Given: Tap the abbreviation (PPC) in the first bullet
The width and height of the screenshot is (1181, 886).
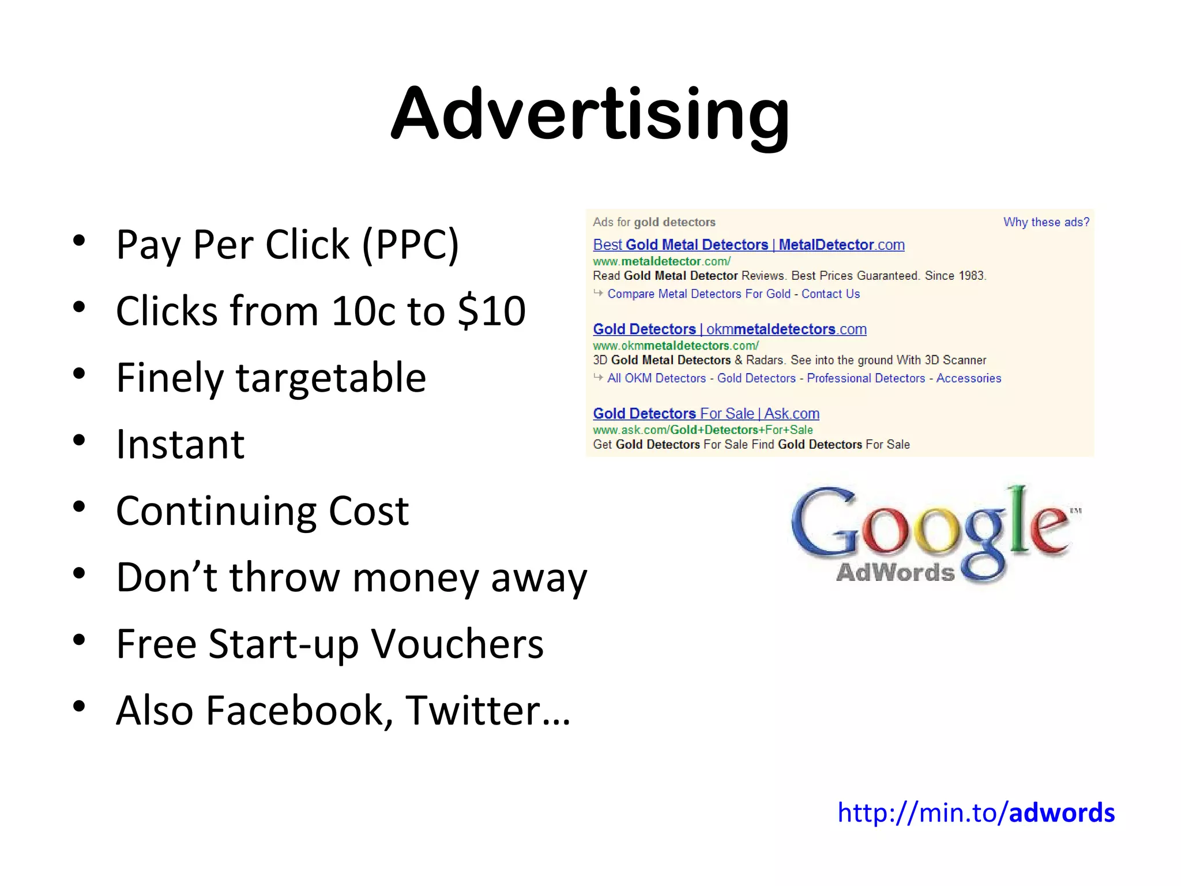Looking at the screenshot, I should [411, 245].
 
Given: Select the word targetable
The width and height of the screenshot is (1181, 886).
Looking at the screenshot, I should [331, 378].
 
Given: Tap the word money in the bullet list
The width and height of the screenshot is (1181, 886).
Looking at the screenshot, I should [415, 577].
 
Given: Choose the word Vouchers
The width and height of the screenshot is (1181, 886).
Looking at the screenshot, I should [457, 644].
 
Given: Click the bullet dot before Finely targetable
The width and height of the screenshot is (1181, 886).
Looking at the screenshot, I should [79, 374].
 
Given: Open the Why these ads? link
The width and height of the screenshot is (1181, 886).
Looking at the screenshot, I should [1046, 222].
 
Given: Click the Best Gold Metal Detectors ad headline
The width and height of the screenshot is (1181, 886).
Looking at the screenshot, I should [749, 245].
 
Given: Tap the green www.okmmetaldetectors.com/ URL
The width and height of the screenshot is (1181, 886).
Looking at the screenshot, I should [676, 346].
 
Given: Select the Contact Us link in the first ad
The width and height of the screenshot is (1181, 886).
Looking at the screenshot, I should [830, 294].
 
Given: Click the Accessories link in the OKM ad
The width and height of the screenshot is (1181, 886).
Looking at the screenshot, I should [969, 378].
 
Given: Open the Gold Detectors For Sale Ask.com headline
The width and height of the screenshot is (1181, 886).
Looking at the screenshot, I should [706, 414].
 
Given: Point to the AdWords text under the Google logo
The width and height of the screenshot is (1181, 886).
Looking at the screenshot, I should [895, 572].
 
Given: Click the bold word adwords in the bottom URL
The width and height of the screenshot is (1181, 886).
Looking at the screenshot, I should [1062, 813].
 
